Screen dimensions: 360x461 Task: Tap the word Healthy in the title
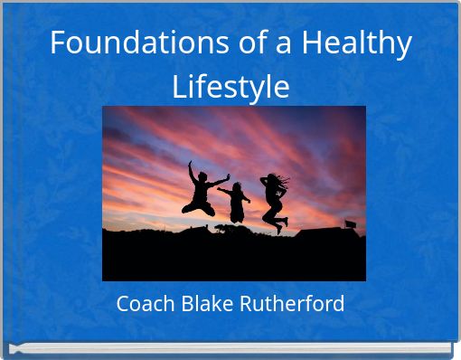pyautogui.click(x=359, y=43)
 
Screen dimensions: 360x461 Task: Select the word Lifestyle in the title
pyautogui.click(x=230, y=87)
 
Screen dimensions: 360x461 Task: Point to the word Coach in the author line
pyautogui.click(x=146, y=304)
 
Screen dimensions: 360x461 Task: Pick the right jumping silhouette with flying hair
pyautogui.click(x=273, y=199)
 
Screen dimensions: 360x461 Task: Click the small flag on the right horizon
pyautogui.click(x=350, y=223)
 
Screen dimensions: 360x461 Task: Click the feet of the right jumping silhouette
pyautogui.click(x=281, y=224)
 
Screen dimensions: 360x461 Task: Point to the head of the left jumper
pyautogui.click(x=203, y=176)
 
